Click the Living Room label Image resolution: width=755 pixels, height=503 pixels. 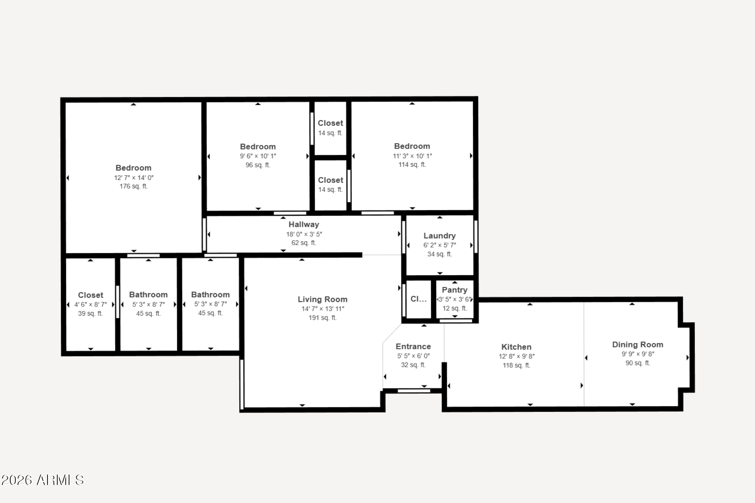(323, 299)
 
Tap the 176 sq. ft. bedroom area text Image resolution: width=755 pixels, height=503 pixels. (133, 187)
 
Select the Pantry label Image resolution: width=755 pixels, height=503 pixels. (455, 290)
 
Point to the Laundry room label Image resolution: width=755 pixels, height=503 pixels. (439, 236)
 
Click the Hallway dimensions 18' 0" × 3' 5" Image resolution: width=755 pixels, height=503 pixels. (304, 234)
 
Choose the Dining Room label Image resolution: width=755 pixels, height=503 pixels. (637, 344)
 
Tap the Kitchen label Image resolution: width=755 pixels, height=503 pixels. (516, 347)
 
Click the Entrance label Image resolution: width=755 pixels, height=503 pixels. (413, 347)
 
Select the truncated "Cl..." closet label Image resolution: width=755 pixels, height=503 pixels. (418, 299)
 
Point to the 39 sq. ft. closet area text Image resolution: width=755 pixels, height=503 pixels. (90, 313)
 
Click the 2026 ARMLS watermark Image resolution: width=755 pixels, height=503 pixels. (42, 480)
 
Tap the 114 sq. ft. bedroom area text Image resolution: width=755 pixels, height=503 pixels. (412, 165)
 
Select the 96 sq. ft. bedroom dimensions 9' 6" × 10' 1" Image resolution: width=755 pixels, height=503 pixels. (258, 156)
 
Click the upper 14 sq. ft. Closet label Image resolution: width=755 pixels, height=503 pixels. (330, 123)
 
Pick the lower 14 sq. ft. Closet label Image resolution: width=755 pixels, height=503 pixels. (330, 180)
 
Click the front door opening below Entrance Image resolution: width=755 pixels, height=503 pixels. (414, 391)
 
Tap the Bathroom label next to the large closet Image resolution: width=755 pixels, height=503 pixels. (148, 295)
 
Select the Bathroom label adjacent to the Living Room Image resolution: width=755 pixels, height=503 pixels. (210, 295)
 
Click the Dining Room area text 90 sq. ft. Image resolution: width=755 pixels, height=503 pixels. (637, 363)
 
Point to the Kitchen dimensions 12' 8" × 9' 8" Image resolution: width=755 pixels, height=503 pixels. (516, 356)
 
